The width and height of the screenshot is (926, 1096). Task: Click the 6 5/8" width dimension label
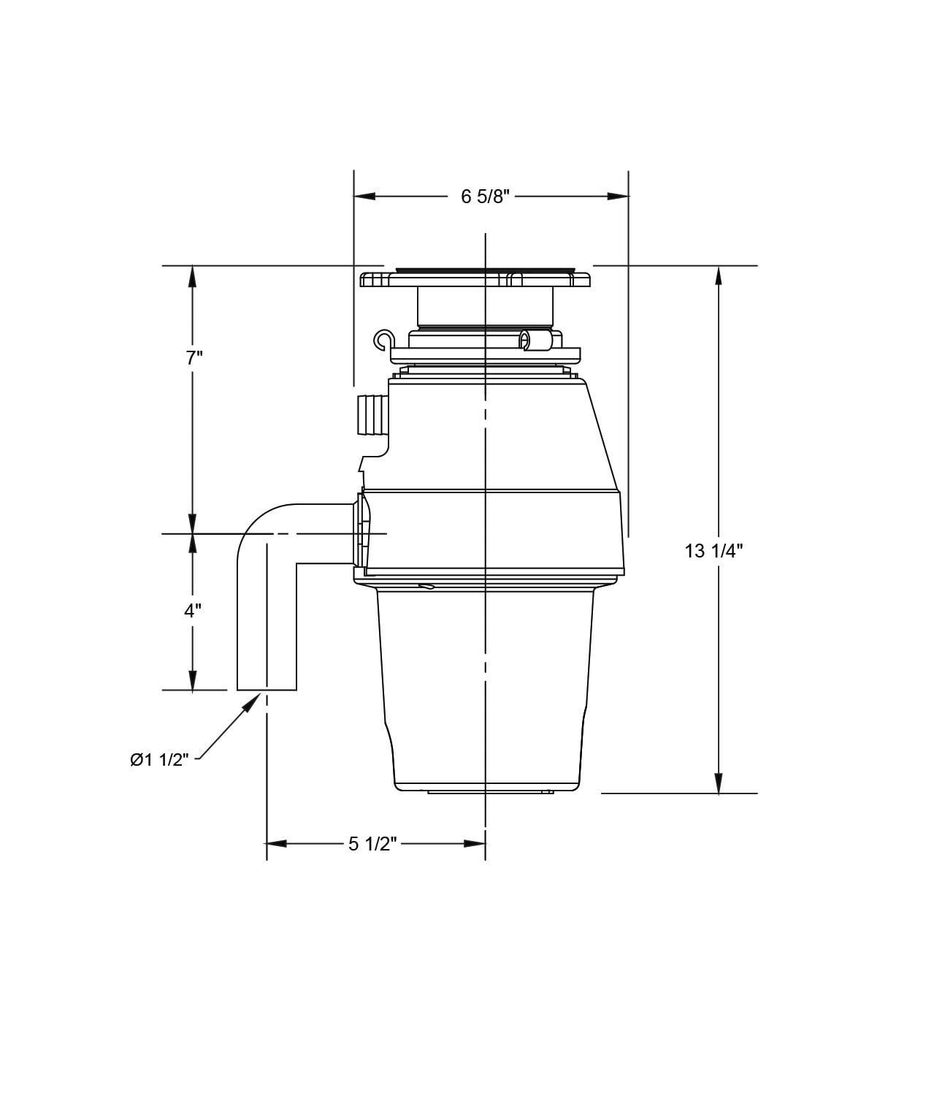[484, 197]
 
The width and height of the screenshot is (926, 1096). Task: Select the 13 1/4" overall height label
[713, 551]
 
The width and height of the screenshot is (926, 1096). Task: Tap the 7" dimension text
[194, 358]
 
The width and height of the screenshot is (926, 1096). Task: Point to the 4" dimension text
[193, 611]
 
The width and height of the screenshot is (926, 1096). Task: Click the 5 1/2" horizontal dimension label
[372, 844]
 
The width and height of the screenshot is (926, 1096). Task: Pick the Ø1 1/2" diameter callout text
[159, 760]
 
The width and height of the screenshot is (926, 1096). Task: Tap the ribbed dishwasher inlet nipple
[372, 414]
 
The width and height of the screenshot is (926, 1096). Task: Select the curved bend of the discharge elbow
[259, 522]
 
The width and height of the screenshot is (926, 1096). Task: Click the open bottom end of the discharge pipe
[267, 688]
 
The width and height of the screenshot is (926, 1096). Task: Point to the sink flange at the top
[475, 278]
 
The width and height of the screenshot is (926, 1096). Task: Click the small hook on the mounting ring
[383, 339]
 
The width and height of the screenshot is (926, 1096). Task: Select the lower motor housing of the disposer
[486, 687]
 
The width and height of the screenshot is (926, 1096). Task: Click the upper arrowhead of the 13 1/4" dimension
[719, 275]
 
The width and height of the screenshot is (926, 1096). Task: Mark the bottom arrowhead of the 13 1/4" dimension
[719, 783]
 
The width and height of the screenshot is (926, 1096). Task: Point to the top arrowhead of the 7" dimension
[193, 275]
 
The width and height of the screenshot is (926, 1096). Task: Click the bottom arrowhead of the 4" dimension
[193, 680]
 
